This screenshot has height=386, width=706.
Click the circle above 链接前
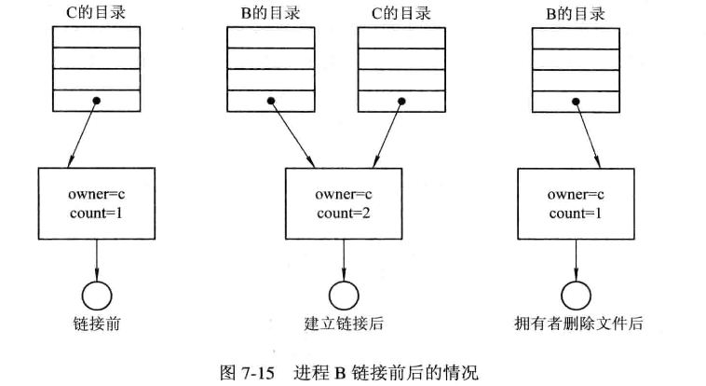[x=97, y=295]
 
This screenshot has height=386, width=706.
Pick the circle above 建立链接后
[x=345, y=295]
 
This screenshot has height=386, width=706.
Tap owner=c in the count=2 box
[x=344, y=195]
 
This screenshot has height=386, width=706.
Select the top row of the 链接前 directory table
[x=96, y=37]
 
